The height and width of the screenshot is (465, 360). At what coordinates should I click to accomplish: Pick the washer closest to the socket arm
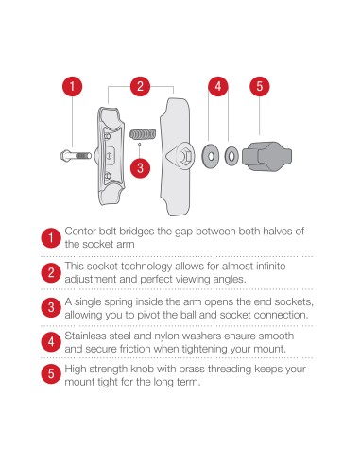(210, 152)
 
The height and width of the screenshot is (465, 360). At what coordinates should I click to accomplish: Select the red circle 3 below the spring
(140, 168)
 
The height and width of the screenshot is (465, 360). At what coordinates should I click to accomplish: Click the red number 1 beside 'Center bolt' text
(49, 238)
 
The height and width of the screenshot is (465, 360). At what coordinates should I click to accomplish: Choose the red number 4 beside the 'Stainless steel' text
(49, 341)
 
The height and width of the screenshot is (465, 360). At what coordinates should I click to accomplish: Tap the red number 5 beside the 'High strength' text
(49, 375)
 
